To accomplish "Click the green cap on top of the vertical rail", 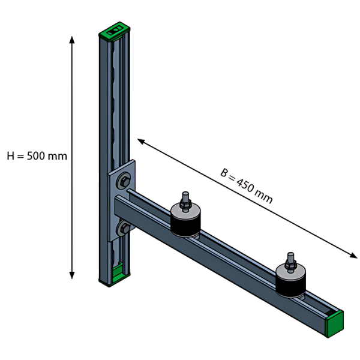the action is [115, 31].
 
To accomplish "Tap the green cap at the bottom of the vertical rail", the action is [118, 275].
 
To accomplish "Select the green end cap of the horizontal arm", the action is [335, 324].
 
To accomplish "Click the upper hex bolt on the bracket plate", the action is [124, 181].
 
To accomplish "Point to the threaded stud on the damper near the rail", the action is [185, 202].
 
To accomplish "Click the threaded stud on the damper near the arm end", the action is [290, 262].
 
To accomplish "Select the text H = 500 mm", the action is [37, 156].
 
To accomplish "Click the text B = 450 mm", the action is [247, 186].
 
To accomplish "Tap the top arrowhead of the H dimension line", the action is [72, 40].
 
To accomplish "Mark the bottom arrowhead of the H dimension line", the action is [72, 275].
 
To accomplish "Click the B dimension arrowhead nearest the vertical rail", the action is [141, 141].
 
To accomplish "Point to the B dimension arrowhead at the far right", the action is [353, 256].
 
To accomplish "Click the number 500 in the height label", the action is [36, 156].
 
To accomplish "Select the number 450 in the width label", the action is [245, 185].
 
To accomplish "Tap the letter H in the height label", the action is [11, 156].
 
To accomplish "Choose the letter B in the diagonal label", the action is [224, 173].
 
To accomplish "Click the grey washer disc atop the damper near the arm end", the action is [290, 272].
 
